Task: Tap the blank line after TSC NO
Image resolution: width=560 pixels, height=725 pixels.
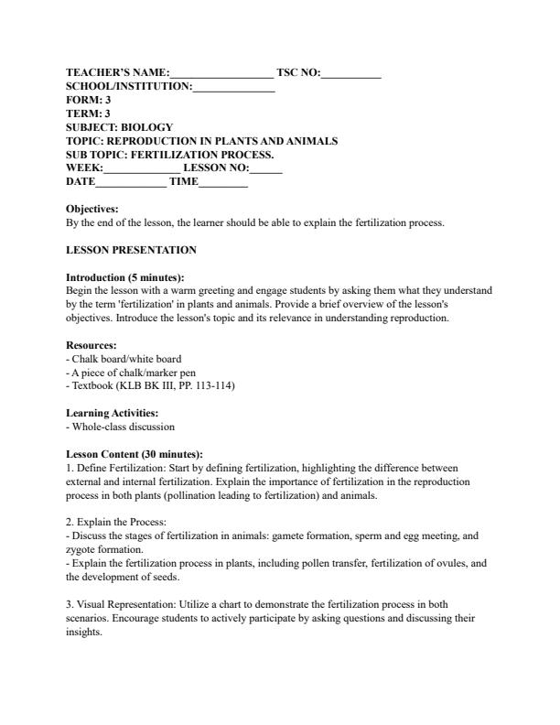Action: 350,73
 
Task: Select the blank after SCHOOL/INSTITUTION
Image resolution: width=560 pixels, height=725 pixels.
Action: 233,87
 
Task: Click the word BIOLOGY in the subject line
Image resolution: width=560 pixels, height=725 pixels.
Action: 146,127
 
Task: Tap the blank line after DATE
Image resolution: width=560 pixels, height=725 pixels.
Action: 131,183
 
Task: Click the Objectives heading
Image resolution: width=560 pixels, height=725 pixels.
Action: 92,209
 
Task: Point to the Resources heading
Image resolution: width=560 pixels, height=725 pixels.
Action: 92,346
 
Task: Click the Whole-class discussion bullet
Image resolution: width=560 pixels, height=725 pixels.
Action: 123,427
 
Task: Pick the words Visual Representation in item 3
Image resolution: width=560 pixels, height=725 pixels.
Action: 124,604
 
